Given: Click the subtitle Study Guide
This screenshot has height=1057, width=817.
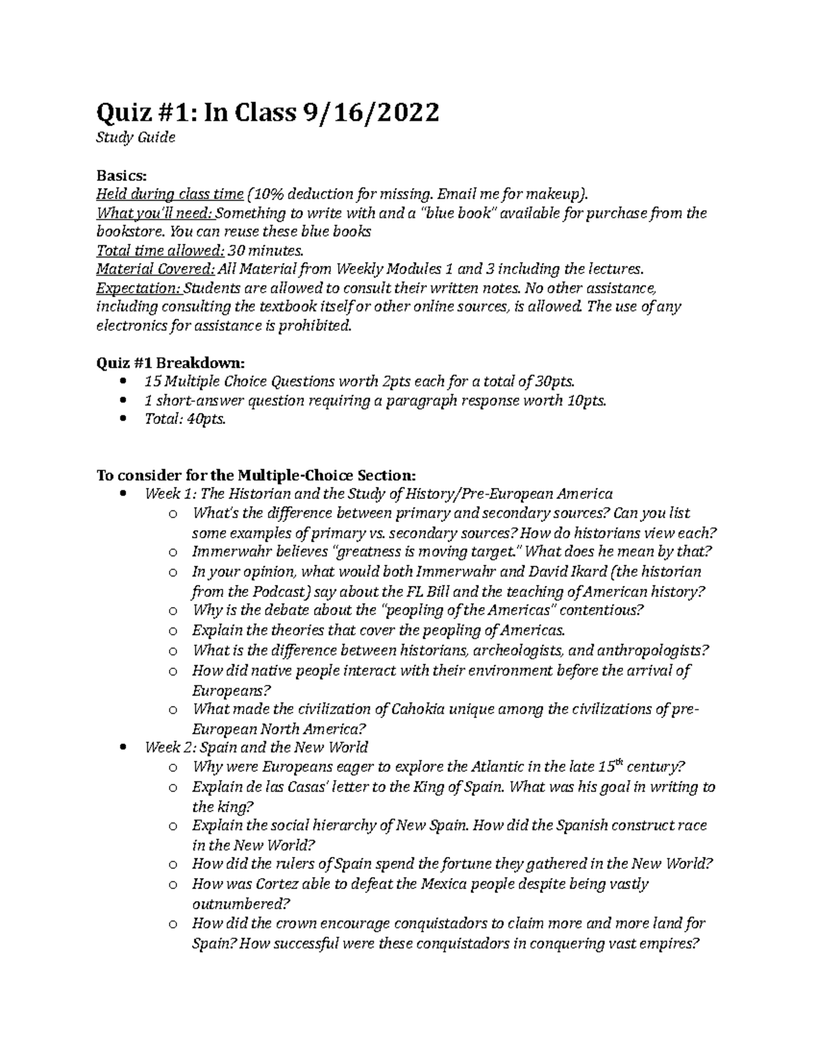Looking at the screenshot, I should pyautogui.click(x=136, y=138).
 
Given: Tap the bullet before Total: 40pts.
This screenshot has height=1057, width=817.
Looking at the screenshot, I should pyautogui.click(x=123, y=420).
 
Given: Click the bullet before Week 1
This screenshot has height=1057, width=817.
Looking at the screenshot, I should pyautogui.click(x=123, y=494).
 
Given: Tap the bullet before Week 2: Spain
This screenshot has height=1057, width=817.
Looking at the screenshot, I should pyautogui.click(x=123, y=747).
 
